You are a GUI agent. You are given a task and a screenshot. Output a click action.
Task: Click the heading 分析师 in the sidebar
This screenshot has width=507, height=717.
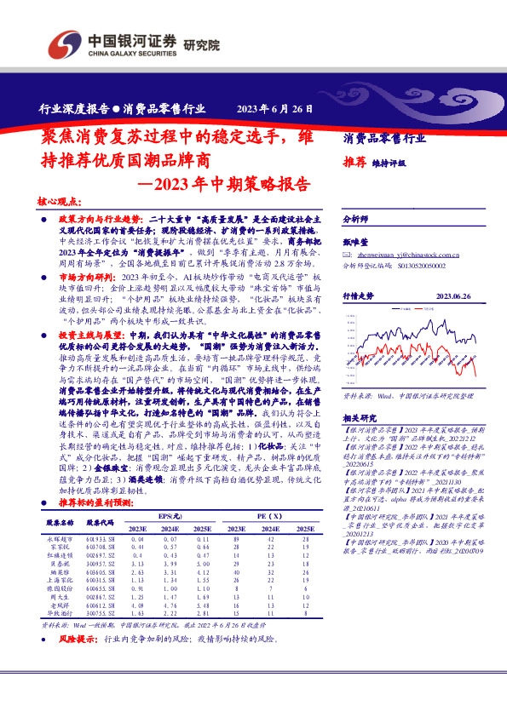pos(354,219)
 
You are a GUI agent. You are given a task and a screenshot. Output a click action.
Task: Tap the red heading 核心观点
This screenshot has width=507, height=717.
pos(60,203)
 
